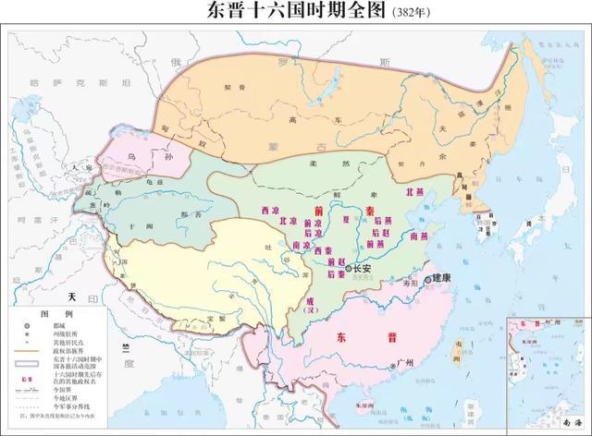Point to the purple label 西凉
point(270,212)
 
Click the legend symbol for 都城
point(21,326)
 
